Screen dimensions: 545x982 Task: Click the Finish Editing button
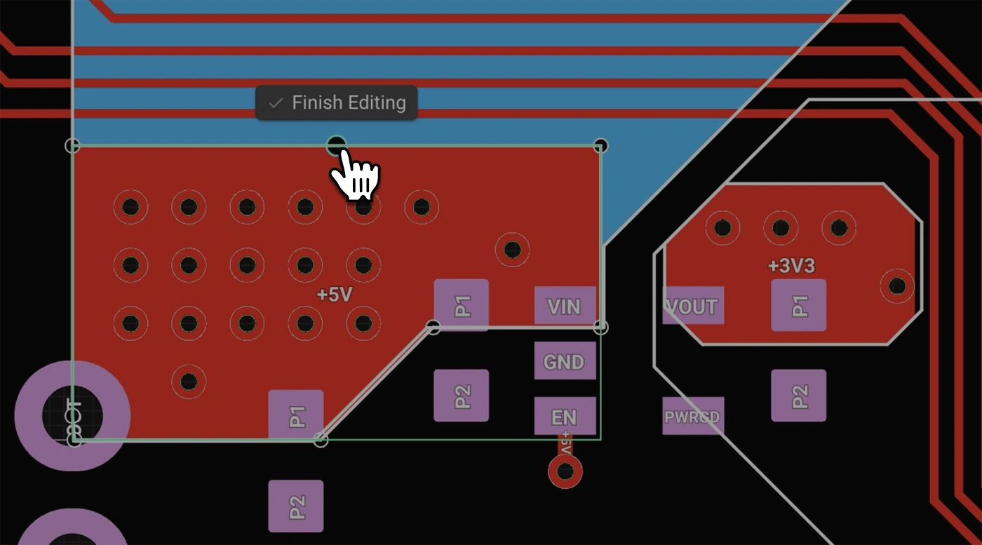pos(337,103)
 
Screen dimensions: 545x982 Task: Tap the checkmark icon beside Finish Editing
pos(276,103)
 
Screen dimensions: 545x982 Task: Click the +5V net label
pos(334,295)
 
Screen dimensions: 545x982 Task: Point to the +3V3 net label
pos(791,267)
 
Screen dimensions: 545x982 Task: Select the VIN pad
pos(565,306)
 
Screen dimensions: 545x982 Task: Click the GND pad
pos(565,361)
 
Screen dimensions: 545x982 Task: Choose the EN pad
pos(565,417)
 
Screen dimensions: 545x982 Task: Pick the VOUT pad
pos(693,306)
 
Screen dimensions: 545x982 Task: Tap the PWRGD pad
pos(693,417)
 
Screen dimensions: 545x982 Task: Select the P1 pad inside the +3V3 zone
pos(799,306)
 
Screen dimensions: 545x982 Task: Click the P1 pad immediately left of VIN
pos(461,305)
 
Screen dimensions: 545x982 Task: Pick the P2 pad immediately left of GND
pos(461,396)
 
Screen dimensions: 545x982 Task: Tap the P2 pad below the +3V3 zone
pos(799,396)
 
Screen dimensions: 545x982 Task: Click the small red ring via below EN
pos(565,471)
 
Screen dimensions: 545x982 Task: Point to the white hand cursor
pos(356,175)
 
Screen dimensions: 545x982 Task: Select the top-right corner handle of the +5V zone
pos(600,146)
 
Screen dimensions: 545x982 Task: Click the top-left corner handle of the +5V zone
pos(72,146)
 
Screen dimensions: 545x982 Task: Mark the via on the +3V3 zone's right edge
pos(897,286)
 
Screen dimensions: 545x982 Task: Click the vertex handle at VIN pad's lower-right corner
pos(601,327)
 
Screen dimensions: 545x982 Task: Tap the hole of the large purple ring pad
pos(72,415)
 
